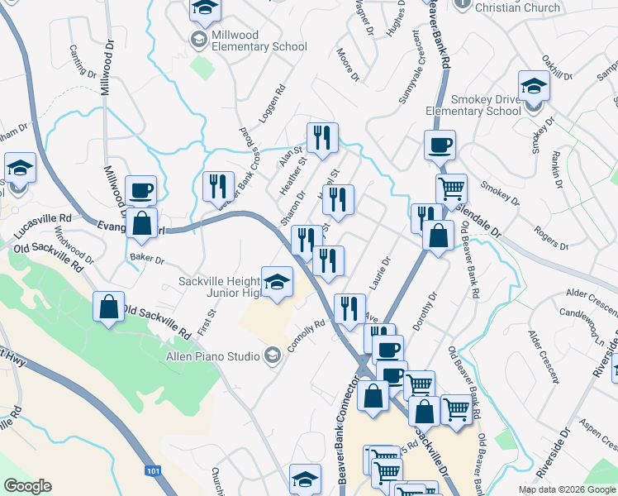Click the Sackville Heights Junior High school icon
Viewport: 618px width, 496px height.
pyautogui.click(x=278, y=280)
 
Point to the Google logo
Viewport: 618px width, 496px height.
pyautogui.click(x=27, y=487)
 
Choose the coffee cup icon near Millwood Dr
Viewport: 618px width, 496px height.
pyautogui.click(x=140, y=189)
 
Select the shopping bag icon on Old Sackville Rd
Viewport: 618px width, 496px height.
pyautogui.click(x=109, y=306)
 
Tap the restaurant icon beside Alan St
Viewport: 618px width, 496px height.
pyautogui.click(x=320, y=137)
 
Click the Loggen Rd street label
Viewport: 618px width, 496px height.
pyautogui.click(x=272, y=103)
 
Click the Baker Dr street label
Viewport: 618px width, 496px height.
pyautogui.click(x=147, y=260)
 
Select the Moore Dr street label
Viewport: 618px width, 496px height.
pyautogui.click(x=349, y=65)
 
